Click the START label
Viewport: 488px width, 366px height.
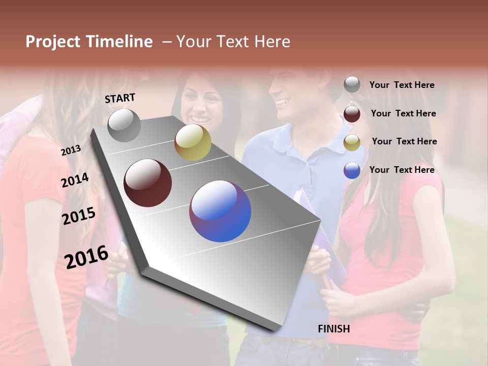click(120, 98)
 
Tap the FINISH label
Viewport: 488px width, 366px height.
click(334, 329)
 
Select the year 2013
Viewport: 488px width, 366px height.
click(71, 150)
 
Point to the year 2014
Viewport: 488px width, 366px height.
click(75, 180)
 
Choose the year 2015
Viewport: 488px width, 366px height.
click(79, 216)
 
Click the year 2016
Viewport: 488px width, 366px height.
click(86, 256)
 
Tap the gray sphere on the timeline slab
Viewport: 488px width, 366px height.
click(124, 126)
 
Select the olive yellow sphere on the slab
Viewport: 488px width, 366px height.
click(193, 142)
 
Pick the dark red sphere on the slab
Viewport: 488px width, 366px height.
click(148, 182)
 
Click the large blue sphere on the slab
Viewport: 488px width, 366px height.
click(220, 211)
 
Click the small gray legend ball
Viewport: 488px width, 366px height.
click(352, 85)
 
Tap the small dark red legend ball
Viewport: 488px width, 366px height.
click(352, 114)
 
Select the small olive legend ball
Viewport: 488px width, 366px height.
click(352, 142)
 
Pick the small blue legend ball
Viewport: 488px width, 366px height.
click(352, 171)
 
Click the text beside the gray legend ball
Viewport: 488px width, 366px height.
click(402, 85)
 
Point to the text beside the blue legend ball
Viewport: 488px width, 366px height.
click(402, 170)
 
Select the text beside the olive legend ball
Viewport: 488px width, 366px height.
click(405, 141)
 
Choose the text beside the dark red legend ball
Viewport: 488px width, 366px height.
click(404, 113)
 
